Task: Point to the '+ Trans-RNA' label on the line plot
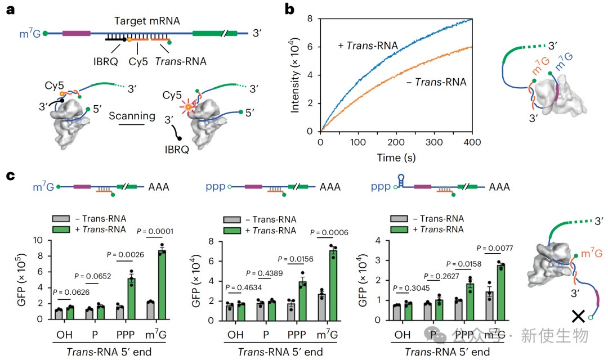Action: pos(368,45)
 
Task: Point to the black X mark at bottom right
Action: pos(577,316)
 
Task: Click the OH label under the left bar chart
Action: pos(61,336)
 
